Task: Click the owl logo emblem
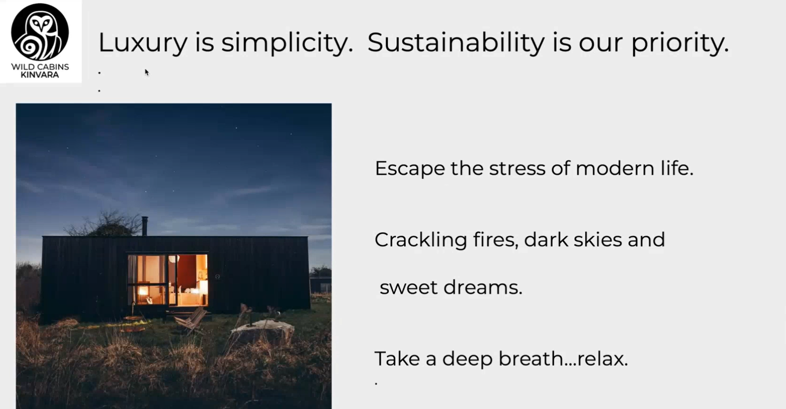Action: (40, 32)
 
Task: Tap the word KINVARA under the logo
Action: (40, 75)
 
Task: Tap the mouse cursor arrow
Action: (147, 72)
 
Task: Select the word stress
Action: (517, 169)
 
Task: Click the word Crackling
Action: (421, 240)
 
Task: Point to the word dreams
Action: (483, 287)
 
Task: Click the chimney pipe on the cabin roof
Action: (144, 226)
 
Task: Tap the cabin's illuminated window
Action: (168, 280)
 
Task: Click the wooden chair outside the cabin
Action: (191, 320)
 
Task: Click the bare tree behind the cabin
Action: (105, 224)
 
